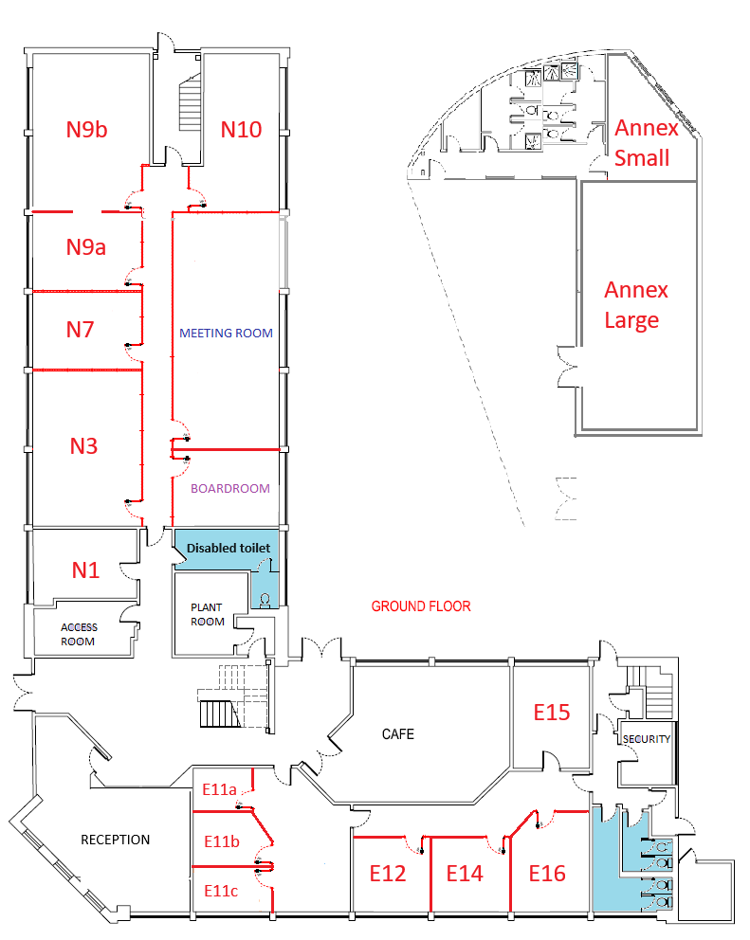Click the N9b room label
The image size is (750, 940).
tap(86, 130)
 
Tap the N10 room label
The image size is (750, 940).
tap(241, 130)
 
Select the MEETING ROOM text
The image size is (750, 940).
tap(227, 334)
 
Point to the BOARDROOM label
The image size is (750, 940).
tap(230, 489)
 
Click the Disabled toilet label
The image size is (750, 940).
tap(229, 548)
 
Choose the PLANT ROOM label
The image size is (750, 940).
tap(207, 614)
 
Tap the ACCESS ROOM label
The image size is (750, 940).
tap(79, 634)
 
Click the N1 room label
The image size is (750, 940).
tap(85, 570)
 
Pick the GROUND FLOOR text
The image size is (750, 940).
tap(420, 606)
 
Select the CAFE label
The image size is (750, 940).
tap(398, 733)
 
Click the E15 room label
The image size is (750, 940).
tap(551, 711)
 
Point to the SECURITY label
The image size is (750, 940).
tap(647, 739)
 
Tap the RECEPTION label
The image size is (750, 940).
tap(115, 840)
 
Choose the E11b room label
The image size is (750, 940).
tap(222, 841)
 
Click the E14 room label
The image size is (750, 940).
tap(465, 873)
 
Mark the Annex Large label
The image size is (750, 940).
tap(635, 304)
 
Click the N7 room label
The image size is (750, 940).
tap(81, 330)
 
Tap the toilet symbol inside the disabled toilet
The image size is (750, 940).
tap(265, 599)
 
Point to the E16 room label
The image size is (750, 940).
tap(547, 873)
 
